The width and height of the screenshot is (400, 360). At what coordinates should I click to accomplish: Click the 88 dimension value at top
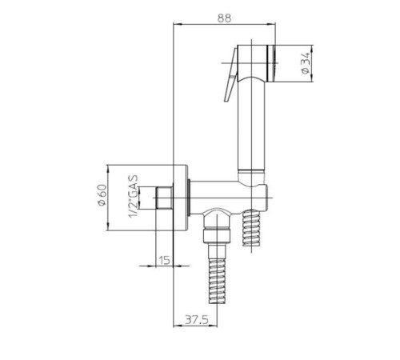pos(225,18)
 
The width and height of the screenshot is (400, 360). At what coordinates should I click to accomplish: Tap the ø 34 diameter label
pos(306,63)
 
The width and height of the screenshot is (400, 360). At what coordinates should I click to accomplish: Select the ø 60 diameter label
pos(102,195)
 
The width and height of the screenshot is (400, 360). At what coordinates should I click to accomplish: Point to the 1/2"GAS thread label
pos(134,196)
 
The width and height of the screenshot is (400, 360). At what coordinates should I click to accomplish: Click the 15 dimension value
pos(165,260)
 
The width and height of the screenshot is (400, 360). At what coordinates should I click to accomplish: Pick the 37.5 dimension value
pos(197,319)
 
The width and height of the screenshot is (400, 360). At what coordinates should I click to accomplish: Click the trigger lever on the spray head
pos(230,74)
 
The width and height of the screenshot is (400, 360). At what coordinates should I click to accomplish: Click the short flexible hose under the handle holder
pos(251,227)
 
